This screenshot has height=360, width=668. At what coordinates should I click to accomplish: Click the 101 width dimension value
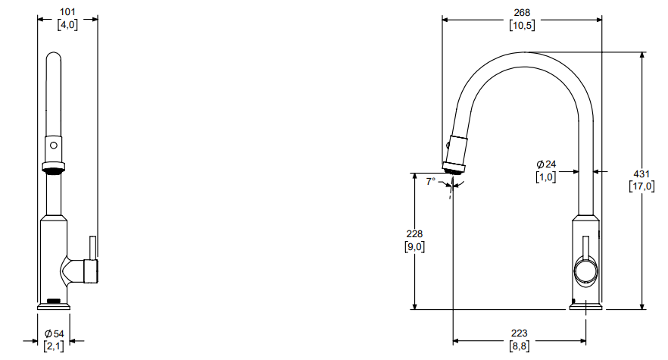(67, 12)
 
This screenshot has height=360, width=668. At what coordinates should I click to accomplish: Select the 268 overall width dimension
(522, 13)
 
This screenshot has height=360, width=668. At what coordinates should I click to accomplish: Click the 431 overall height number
(641, 174)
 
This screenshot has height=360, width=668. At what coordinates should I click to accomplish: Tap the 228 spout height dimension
(414, 233)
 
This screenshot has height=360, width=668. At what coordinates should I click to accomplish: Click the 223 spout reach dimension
(520, 333)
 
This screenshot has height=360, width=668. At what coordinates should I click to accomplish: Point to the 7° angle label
(431, 181)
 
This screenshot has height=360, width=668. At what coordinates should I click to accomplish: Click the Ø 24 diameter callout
(546, 164)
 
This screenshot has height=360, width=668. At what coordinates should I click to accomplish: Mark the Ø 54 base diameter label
(54, 333)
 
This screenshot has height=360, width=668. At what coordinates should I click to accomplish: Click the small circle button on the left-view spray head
(54, 146)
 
